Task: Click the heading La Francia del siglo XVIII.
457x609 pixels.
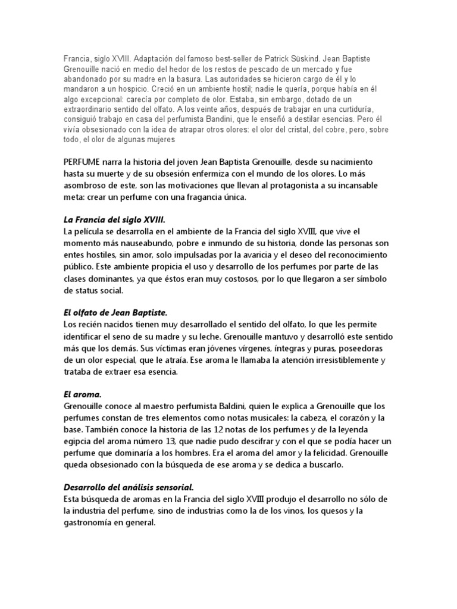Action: click(x=114, y=219)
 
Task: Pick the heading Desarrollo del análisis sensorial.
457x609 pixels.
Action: click(x=129, y=486)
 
